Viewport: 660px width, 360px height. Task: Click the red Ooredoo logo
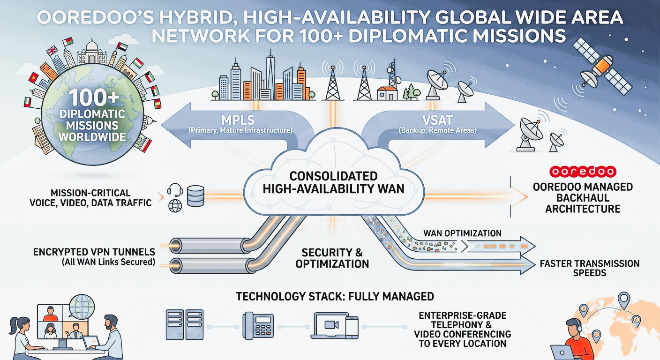582,172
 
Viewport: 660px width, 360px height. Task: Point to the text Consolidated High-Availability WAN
333,183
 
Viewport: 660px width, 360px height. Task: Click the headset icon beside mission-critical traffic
175,190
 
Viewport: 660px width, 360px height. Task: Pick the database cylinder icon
195,195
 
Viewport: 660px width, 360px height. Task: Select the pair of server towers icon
184,324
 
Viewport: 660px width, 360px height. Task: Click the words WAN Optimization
462,233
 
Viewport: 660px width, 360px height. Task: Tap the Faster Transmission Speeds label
589,268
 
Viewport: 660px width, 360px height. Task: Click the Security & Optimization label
332,258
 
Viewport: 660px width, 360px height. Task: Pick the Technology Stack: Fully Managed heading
335,297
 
